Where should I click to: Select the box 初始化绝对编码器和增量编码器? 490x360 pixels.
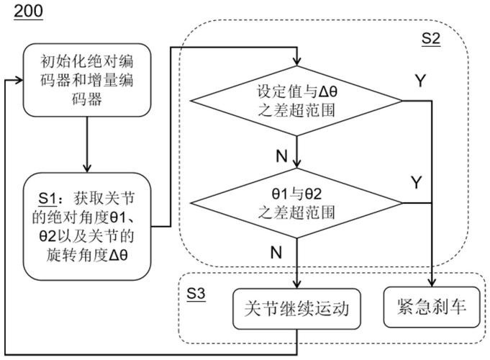point(86,79)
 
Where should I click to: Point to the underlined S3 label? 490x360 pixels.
point(195,295)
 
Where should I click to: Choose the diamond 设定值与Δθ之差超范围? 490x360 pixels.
point(297,102)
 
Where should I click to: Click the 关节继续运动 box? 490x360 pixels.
point(296,309)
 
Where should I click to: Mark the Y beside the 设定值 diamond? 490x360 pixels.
point(420,81)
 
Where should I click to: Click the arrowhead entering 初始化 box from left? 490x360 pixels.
point(19,79)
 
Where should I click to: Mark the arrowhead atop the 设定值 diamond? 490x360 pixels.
point(297,62)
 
